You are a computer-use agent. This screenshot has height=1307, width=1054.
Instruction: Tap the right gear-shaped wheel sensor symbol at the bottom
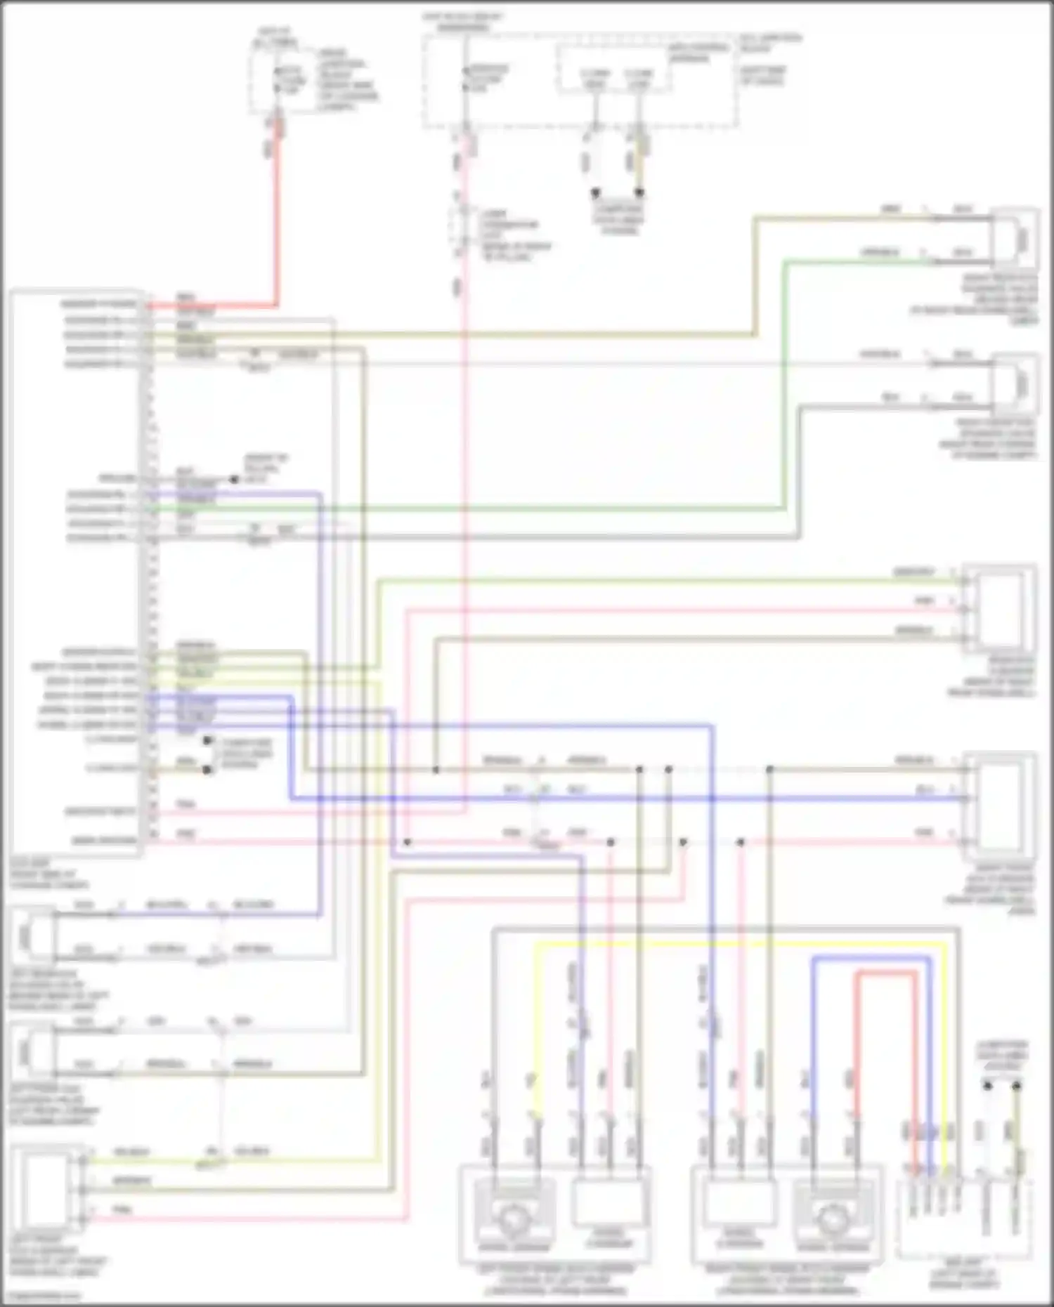click(833, 1216)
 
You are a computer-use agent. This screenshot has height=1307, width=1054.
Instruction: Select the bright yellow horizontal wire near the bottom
click(738, 945)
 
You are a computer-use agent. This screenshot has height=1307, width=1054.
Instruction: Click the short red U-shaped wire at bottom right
click(887, 973)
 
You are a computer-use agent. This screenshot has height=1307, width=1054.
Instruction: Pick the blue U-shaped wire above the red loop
click(871, 958)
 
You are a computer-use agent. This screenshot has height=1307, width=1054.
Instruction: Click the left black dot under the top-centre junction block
click(595, 192)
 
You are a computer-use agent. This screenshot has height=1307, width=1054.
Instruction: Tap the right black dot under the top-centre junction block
click(639, 192)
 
